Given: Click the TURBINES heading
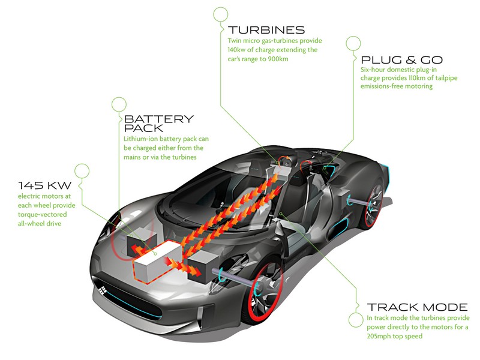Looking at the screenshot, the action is pyautogui.click(x=266, y=30).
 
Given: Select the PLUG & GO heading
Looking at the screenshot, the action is pyautogui.click(x=402, y=59).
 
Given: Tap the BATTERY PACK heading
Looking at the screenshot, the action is pyautogui.click(x=159, y=123).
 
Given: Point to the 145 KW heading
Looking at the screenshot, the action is pyautogui.click(x=44, y=185).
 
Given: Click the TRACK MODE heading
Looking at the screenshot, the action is pyautogui.click(x=417, y=307).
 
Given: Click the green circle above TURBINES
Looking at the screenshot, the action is pyautogui.click(x=221, y=14).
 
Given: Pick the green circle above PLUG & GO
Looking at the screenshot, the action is pyautogui.click(x=353, y=43).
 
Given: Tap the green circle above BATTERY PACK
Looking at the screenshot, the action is pyautogui.click(x=119, y=104).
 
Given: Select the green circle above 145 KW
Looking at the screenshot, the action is pyautogui.click(x=82, y=171).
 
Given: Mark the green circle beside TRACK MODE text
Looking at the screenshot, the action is pyautogui.click(x=356, y=320).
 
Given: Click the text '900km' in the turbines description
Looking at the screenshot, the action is pyautogui.click(x=278, y=59).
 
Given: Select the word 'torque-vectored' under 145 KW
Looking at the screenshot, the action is pyautogui.click(x=42, y=214).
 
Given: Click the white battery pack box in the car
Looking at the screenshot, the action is pyautogui.click(x=155, y=261).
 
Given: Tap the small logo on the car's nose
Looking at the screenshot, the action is pyautogui.click(x=101, y=289).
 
